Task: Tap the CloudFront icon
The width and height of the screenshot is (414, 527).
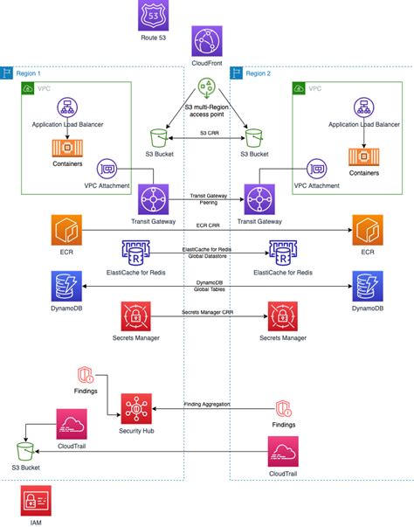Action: (x=206, y=40)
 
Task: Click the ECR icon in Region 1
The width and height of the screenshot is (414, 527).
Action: (x=66, y=231)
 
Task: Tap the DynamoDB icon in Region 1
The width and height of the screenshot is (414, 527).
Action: (x=66, y=287)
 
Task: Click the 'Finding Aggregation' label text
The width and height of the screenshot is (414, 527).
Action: (x=207, y=404)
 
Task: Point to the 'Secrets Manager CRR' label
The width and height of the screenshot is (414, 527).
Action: (x=207, y=311)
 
